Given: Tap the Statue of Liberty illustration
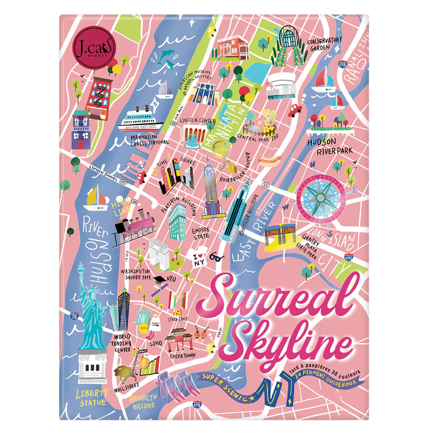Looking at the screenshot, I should [x=92, y=326].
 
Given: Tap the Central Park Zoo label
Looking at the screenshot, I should [x=257, y=138].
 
